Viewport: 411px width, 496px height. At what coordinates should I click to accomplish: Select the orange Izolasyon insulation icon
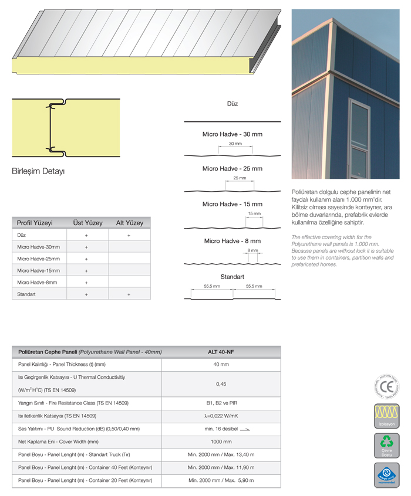click(x=386, y=416)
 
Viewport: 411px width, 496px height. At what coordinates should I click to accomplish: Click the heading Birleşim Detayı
click(x=38, y=171)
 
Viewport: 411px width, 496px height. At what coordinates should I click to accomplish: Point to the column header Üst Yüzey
click(x=87, y=223)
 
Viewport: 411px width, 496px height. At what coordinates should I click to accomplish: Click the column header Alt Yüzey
click(x=129, y=223)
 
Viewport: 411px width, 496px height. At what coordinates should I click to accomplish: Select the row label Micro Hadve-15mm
click(x=38, y=270)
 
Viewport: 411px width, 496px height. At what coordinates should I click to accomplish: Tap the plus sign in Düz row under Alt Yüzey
click(x=129, y=235)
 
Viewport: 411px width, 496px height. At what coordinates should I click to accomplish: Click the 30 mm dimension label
click(x=235, y=144)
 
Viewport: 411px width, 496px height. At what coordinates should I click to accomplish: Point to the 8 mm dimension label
click(x=252, y=250)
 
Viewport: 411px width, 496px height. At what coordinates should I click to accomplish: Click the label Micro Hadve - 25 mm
click(x=233, y=169)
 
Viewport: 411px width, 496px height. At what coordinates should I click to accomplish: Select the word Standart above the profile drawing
click(x=233, y=276)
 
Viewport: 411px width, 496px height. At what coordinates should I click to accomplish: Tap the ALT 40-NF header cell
click(x=221, y=352)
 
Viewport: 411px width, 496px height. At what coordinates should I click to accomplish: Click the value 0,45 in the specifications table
click(x=221, y=384)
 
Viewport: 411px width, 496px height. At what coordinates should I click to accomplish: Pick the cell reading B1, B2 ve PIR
click(x=221, y=403)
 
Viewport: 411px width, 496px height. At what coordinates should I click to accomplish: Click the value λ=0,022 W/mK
click(x=221, y=416)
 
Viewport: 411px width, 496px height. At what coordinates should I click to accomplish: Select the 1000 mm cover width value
click(x=221, y=441)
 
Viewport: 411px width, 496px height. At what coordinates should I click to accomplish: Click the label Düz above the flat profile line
click(x=233, y=104)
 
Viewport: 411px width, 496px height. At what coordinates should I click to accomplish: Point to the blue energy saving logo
click(x=386, y=474)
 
